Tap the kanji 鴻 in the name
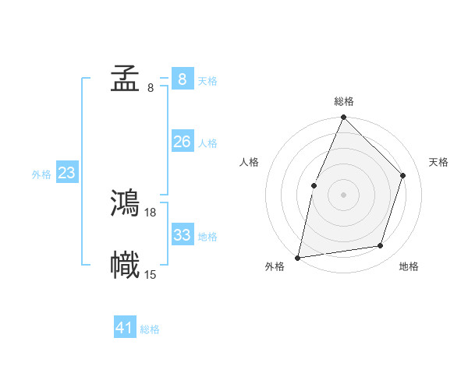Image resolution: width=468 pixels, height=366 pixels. click(125, 203)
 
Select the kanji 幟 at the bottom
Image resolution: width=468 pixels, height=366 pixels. click(125, 265)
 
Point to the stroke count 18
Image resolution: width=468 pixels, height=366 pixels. click(151, 212)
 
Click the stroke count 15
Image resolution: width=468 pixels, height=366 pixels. click(151, 274)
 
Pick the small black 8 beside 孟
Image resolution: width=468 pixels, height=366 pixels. click(150, 88)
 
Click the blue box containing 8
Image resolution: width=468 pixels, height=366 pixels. click(182, 79)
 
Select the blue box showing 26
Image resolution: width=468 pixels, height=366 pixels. click(182, 141)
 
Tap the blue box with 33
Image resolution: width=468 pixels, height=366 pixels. click(182, 234)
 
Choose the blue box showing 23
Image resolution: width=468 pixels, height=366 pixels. click(66, 173)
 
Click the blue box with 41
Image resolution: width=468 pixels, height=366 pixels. click(125, 328)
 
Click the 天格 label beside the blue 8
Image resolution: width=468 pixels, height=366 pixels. click(207, 81)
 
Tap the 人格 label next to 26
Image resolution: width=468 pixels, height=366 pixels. click(207, 143)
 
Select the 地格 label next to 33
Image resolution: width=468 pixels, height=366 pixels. click(207, 236)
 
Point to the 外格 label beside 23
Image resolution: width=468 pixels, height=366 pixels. click(41, 175)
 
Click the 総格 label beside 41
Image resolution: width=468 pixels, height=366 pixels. click(150, 330)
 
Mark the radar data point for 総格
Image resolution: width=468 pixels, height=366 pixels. click(343, 118)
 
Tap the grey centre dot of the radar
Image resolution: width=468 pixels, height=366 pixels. click(343, 195)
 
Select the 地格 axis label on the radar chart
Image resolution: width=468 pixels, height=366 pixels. click(409, 266)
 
